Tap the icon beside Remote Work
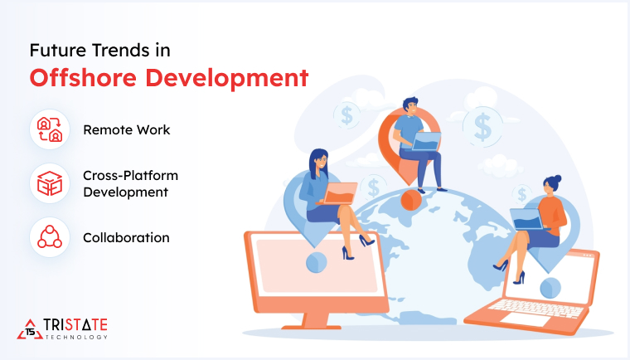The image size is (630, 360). pyautogui.click(x=49, y=130)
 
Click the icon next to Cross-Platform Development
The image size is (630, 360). pyautogui.click(x=49, y=183)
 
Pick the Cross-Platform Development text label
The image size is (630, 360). pyautogui.click(x=130, y=183)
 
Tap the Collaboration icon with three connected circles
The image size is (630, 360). pyautogui.click(x=49, y=237)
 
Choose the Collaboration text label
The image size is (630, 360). pyautogui.click(x=126, y=237)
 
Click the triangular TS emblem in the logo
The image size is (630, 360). pyautogui.click(x=30, y=329)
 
